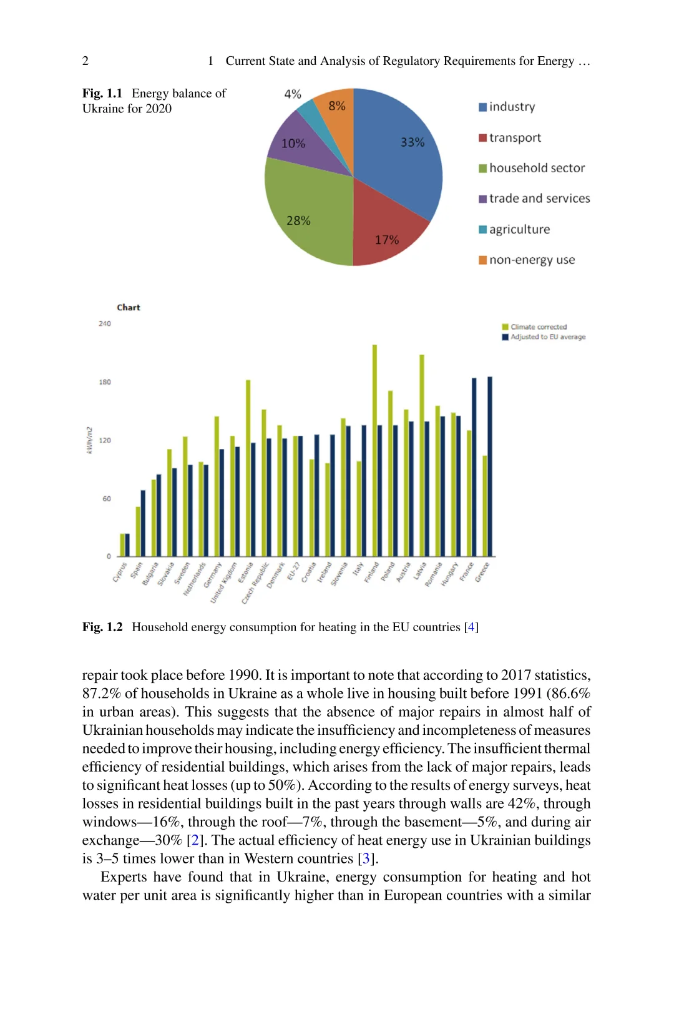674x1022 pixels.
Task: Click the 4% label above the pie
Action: point(293,94)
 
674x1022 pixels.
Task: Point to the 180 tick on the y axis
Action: point(105,382)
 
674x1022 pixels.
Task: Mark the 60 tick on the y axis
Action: point(107,499)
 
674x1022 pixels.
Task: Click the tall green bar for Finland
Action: point(374,450)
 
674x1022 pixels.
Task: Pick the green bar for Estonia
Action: point(248,468)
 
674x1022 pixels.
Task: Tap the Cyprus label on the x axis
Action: point(120,572)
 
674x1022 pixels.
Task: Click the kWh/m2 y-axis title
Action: point(89,440)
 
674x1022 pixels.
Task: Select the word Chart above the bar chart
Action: point(129,307)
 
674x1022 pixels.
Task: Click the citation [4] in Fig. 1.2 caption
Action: point(471,627)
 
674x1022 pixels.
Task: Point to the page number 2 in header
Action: point(85,61)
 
